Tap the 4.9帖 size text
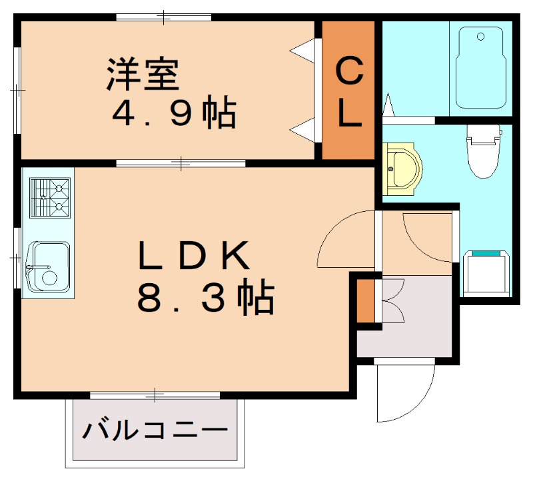pyautogui.click(x=174, y=115)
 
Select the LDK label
pyautogui.click(x=193, y=254)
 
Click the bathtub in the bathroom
pyautogui.click(x=480, y=67)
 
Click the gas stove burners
pyautogui.click(x=50, y=198)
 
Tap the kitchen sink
pyautogui.click(x=47, y=266)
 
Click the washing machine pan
pyautogui.click(x=486, y=272)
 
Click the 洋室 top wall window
pyautogui.click(x=163, y=17)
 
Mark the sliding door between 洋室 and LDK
pyautogui.click(x=181, y=163)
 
